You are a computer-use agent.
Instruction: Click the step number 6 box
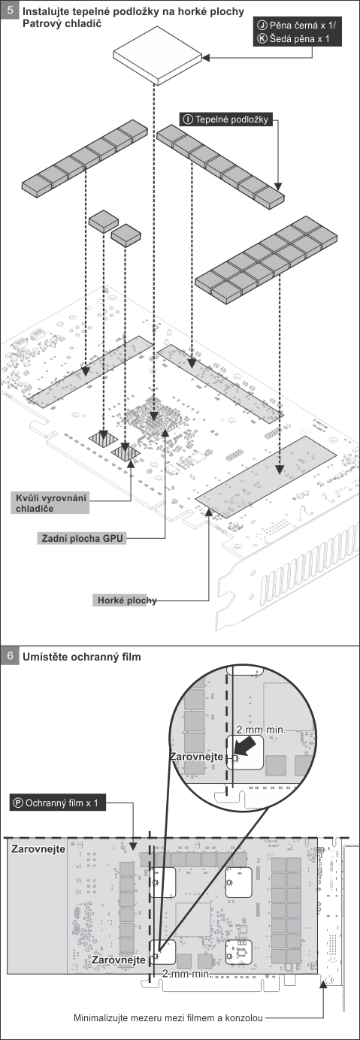pos(10,656)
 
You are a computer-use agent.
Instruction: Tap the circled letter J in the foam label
pos(262,26)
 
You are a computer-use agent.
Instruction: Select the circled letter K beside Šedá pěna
pos(262,38)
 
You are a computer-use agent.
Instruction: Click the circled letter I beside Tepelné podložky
pos(188,119)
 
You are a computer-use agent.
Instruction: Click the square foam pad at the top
pos(158,56)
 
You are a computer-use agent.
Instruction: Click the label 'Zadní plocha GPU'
pos(82,538)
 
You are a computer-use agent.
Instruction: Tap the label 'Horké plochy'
pos(126,600)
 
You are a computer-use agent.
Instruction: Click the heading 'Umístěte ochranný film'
pos(82,657)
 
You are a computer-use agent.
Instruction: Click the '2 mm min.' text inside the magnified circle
pos(260,730)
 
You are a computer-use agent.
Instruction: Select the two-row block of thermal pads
pos(266,260)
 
